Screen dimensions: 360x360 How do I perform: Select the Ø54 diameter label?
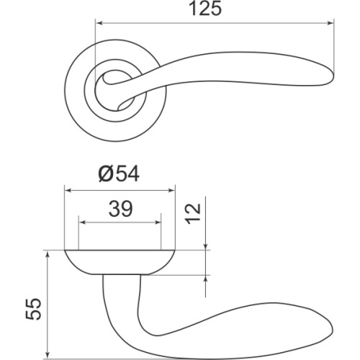[x=118, y=174]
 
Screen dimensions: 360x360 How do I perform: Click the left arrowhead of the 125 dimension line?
[x=99, y=22]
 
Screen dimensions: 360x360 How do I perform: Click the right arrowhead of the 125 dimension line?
[x=332, y=22]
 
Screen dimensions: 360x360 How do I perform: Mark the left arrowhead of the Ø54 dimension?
[x=68, y=190]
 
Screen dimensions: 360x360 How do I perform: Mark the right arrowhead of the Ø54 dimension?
[x=172, y=190]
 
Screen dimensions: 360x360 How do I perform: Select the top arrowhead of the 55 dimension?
[x=48, y=254]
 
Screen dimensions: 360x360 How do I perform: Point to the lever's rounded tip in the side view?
[x=330, y=333]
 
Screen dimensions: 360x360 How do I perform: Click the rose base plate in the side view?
[x=120, y=261]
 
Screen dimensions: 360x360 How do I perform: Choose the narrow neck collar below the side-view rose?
[x=120, y=277]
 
